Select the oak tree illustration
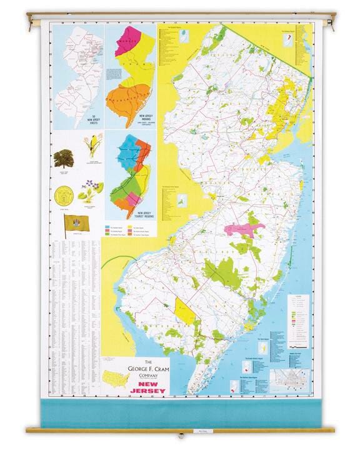point(63,158)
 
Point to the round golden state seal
point(63,193)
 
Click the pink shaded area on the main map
point(240,229)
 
